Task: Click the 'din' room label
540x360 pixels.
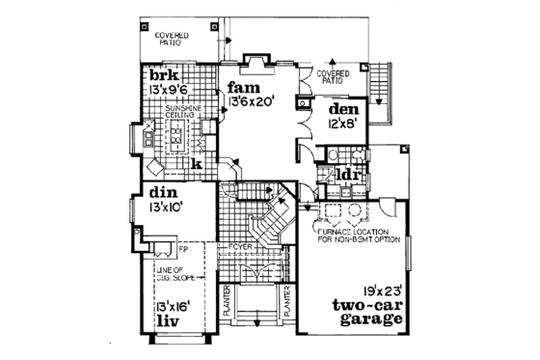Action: [161, 192]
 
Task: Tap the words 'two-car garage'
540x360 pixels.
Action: [361, 315]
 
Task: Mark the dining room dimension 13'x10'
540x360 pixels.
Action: [166, 207]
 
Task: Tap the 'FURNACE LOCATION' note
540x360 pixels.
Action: [357, 233]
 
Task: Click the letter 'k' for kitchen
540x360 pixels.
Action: [195, 165]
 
